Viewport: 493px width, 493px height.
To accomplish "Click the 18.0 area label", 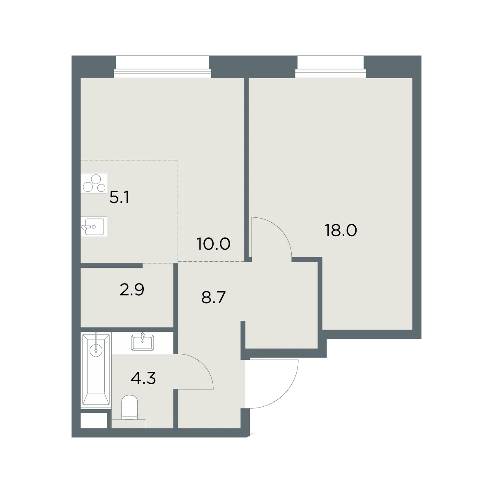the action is tap(341, 230).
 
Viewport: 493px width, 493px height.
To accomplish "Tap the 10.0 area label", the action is tap(214, 244).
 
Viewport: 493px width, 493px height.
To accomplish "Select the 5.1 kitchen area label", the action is tap(120, 198).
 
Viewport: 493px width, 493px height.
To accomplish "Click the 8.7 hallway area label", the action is tap(213, 297).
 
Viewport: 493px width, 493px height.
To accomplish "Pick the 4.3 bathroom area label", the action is tap(143, 378).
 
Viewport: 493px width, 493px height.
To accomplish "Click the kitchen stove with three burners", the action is tap(94, 183).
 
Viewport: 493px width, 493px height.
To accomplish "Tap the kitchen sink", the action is tap(94, 227).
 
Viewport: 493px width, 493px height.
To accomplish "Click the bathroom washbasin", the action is tap(143, 342).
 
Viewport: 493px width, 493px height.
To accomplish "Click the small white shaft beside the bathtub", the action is tap(94, 420).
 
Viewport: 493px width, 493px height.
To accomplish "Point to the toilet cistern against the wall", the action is tap(129, 424).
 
